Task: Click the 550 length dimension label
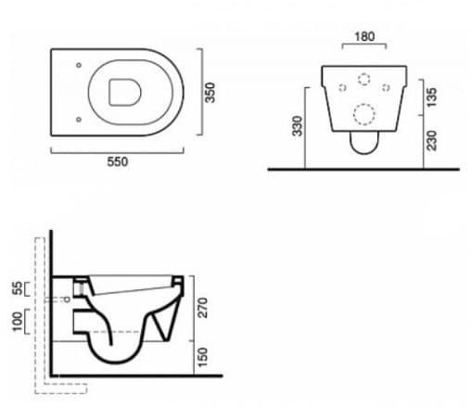(x=118, y=161)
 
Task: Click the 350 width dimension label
(x=210, y=93)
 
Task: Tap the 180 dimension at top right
(x=364, y=36)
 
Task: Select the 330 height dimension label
(x=298, y=126)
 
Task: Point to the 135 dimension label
(x=432, y=97)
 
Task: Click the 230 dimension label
(x=432, y=141)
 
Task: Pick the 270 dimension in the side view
(x=203, y=308)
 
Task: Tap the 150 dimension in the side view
(x=203, y=357)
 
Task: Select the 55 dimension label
(x=18, y=288)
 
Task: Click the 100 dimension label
(x=18, y=322)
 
